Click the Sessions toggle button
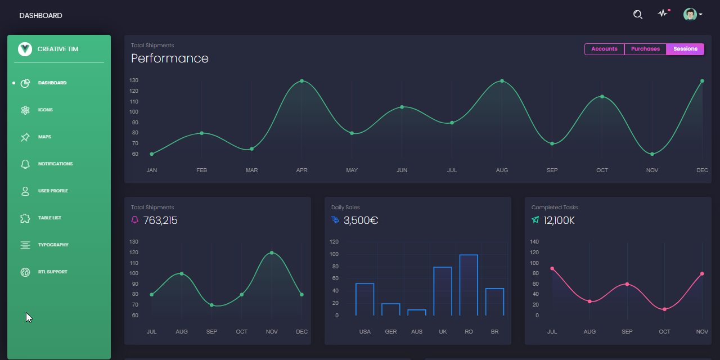[685, 49]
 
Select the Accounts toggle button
[604, 49]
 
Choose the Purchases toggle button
[645, 49]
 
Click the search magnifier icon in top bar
[637, 15]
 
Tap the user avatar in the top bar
[690, 15]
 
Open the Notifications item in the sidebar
[55, 164]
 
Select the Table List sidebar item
[49, 218]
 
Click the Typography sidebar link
[53, 245]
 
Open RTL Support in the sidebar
[52, 272]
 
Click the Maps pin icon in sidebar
[25, 137]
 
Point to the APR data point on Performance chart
[302, 81]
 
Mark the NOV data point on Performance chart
[652, 154]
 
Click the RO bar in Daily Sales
[469, 285]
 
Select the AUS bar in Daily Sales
[417, 312]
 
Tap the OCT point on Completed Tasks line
[665, 309]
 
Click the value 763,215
[160, 220]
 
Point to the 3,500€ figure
[361, 220]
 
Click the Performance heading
[170, 58]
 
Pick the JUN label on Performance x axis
[402, 170]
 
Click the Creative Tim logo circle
[25, 49]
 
